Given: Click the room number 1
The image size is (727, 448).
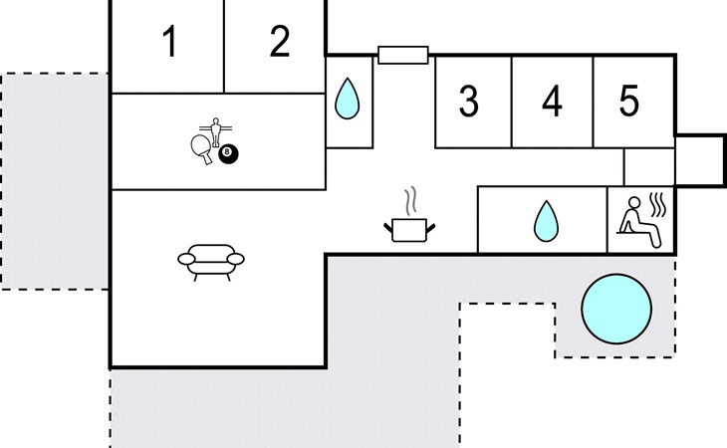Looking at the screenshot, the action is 171,42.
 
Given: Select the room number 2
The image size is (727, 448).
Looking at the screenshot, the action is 280,42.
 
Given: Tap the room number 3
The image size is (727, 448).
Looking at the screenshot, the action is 469,101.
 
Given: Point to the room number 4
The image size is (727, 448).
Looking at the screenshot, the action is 552,101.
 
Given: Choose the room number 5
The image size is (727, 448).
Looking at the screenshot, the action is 629,101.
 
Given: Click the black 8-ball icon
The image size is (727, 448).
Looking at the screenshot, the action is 228,153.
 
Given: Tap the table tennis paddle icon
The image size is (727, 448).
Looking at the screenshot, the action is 201,149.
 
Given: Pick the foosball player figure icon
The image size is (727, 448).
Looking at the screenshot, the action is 215,131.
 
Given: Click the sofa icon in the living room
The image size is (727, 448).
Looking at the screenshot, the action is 211,262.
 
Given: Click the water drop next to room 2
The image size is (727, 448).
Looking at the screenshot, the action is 347,99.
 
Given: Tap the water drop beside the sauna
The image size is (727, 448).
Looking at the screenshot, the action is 546,221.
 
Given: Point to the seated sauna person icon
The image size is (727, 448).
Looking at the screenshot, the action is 639,222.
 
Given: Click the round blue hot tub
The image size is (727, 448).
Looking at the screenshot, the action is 616,309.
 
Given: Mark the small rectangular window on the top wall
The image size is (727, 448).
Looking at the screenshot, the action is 403,55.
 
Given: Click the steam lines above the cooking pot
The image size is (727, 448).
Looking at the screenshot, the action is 410,201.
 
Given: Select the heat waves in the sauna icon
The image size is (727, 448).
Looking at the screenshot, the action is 657,206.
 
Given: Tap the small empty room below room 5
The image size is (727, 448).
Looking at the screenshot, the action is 649,167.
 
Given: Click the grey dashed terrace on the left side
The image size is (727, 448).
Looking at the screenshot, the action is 55,181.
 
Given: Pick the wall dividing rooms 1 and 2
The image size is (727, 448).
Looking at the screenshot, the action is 224,47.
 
